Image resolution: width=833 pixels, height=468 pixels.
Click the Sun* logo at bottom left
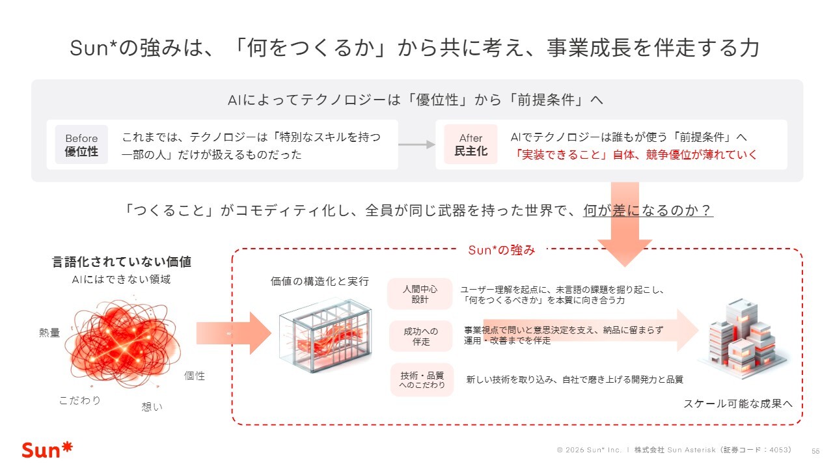[47, 450]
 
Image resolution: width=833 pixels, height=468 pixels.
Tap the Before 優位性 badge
[81, 145]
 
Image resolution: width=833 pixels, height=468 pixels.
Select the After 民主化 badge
[471, 145]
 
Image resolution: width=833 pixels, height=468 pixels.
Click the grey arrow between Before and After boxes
[416, 145]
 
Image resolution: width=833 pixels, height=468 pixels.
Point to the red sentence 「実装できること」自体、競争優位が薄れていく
[636, 156]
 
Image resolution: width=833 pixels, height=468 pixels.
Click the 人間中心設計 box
[420, 294]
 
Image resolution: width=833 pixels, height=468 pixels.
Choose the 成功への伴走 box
[420, 337]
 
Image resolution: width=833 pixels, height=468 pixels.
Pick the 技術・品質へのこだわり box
[420, 379]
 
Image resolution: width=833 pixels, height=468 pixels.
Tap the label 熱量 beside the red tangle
[49, 333]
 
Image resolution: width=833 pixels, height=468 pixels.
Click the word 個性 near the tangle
[194, 376]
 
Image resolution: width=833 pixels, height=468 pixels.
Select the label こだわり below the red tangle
[80, 400]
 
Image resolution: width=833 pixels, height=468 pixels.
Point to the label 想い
[152, 407]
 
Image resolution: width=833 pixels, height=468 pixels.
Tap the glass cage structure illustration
[325, 335]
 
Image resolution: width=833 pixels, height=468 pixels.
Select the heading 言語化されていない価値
[122, 262]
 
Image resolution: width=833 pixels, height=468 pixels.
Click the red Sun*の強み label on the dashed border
[501, 249]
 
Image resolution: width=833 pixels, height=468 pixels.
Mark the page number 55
[815, 450]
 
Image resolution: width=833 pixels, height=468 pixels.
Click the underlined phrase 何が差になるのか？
[648, 210]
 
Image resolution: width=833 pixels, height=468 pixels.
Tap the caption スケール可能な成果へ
[738, 404]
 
